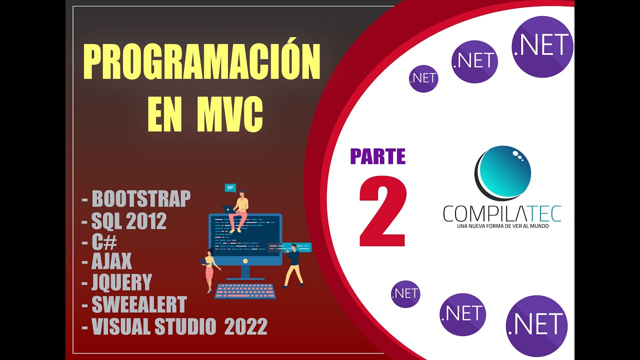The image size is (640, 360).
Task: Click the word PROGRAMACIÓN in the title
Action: [x=201, y=62]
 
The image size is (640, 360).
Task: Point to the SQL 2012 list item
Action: [x=129, y=221]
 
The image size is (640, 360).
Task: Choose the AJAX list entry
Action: [x=111, y=260]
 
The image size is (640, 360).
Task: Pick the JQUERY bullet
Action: [x=121, y=282]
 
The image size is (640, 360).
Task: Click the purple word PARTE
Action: [x=377, y=156]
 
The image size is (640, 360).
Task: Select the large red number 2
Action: [x=383, y=212]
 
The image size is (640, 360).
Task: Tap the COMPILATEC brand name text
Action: [x=501, y=213]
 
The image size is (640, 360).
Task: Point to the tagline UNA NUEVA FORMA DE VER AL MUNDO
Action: [x=502, y=226]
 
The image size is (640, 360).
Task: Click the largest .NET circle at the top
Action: [x=542, y=46]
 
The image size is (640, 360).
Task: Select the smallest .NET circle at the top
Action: [x=423, y=78]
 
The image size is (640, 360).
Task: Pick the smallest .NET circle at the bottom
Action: [x=405, y=294]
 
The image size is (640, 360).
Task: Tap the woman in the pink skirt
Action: [x=209, y=269]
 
